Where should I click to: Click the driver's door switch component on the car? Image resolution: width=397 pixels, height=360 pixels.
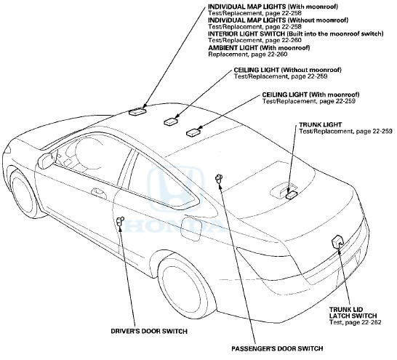(x=120, y=221)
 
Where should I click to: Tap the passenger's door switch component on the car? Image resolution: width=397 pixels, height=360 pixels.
(x=219, y=178)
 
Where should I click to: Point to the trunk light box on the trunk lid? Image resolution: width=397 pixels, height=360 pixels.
(x=291, y=195)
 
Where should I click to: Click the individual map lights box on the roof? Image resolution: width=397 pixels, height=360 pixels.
(x=137, y=111)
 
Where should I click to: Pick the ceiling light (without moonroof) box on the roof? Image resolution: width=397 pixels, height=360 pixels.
(x=171, y=121)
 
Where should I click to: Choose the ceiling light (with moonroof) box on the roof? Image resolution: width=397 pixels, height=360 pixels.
(x=193, y=132)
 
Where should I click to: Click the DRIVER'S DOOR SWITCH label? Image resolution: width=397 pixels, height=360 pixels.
(x=149, y=331)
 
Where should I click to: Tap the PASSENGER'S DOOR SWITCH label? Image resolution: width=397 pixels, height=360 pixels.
(x=277, y=348)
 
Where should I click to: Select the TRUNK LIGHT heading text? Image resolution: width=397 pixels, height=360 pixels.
(x=320, y=125)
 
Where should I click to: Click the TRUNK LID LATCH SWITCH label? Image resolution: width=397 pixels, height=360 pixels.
(x=353, y=313)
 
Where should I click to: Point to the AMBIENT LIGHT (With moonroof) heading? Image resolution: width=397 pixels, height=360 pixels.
(x=259, y=47)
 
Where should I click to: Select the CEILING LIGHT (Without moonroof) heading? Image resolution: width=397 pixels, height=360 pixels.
(x=287, y=70)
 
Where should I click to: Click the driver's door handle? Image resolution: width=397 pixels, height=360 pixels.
(x=98, y=193)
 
